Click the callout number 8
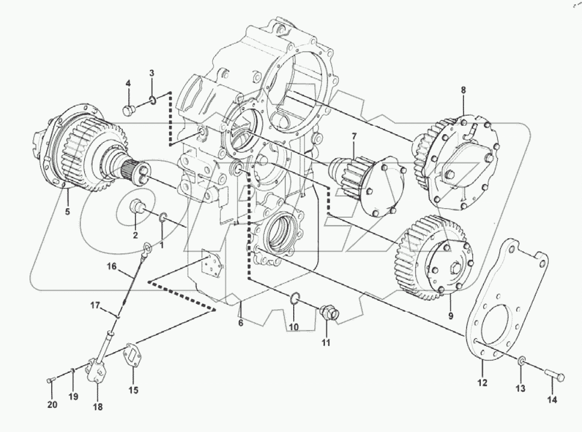(463, 90)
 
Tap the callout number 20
(52, 404)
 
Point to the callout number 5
(67, 211)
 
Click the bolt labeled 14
(555, 376)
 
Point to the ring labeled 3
(153, 99)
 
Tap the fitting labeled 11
(329, 313)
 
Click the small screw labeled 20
(50, 380)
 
